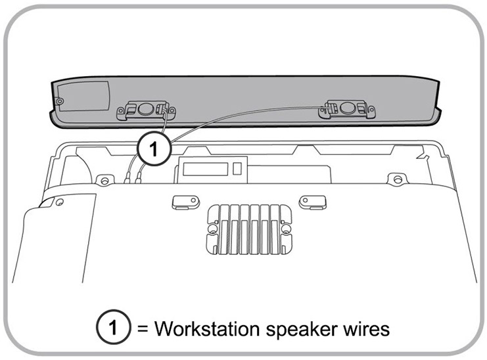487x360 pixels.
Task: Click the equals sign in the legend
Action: click(x=143, y=327)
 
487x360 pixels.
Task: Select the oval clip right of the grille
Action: click(x=312, y=200)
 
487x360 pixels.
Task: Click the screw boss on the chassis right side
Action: click(x=395, y=178)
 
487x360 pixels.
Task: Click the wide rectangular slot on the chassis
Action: click(x=205, y=169)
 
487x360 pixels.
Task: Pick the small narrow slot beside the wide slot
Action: click(x=237, y=169)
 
